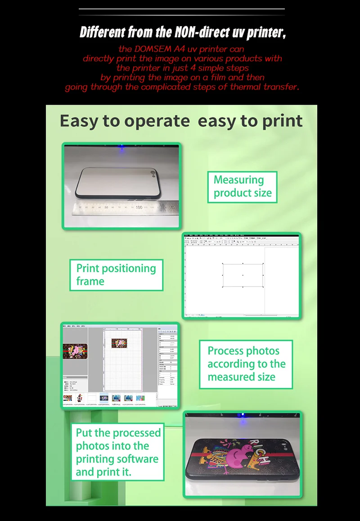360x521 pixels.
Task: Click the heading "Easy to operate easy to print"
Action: [181, 121]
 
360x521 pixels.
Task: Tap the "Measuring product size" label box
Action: [243, 187]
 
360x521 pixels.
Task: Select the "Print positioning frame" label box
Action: [116, 275]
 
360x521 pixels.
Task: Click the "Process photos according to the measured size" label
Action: [246, 364]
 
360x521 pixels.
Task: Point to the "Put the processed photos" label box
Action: [117, 452]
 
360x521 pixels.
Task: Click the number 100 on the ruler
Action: [139, 207]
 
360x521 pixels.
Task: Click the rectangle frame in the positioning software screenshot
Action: [243, 275]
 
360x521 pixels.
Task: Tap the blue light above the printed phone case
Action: [243, 414]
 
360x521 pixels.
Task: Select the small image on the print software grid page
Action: [121, 343]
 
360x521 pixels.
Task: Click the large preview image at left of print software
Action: [75, 350]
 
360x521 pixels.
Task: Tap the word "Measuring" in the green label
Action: [238, 180]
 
